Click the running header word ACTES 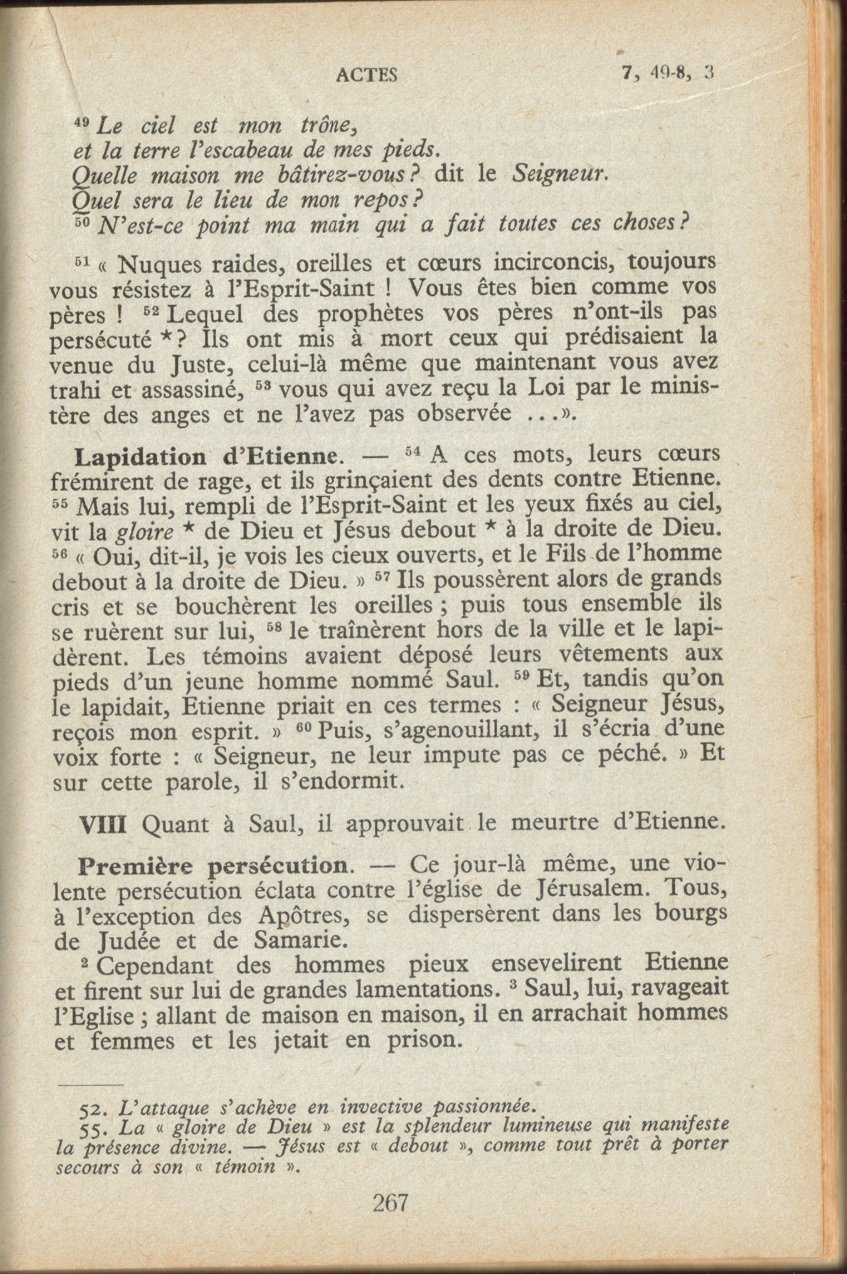coord(367,75)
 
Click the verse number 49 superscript coord(82,123)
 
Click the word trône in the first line coord(328,126)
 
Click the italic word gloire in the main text coord(146,533)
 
